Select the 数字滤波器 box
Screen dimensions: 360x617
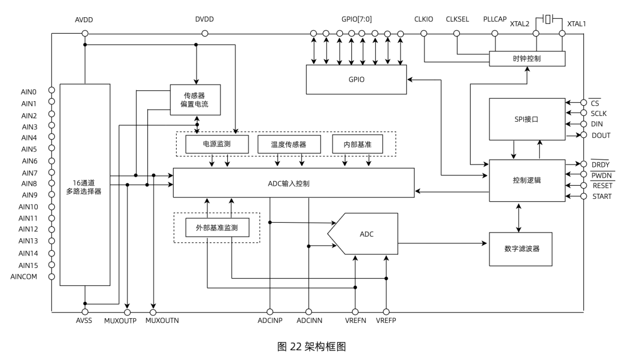[520, 249]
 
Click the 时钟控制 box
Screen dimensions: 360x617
[527, 59]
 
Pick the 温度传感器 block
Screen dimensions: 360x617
[289, 145]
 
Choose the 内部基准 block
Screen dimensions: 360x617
[357, 145]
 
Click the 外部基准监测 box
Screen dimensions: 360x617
[217, 227]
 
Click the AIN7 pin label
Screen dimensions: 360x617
[30, 173]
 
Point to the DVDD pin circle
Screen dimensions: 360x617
[205, 33]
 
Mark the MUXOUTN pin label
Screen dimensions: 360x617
[162, 321]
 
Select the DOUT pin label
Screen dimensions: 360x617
[601, 135]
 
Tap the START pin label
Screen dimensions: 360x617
[602, 197]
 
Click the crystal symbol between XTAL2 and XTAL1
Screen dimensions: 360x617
[548, 19]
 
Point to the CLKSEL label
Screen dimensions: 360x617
[457, 19]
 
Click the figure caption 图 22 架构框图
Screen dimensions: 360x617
[308, 346]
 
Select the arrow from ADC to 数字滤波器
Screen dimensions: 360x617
[443, 243]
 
